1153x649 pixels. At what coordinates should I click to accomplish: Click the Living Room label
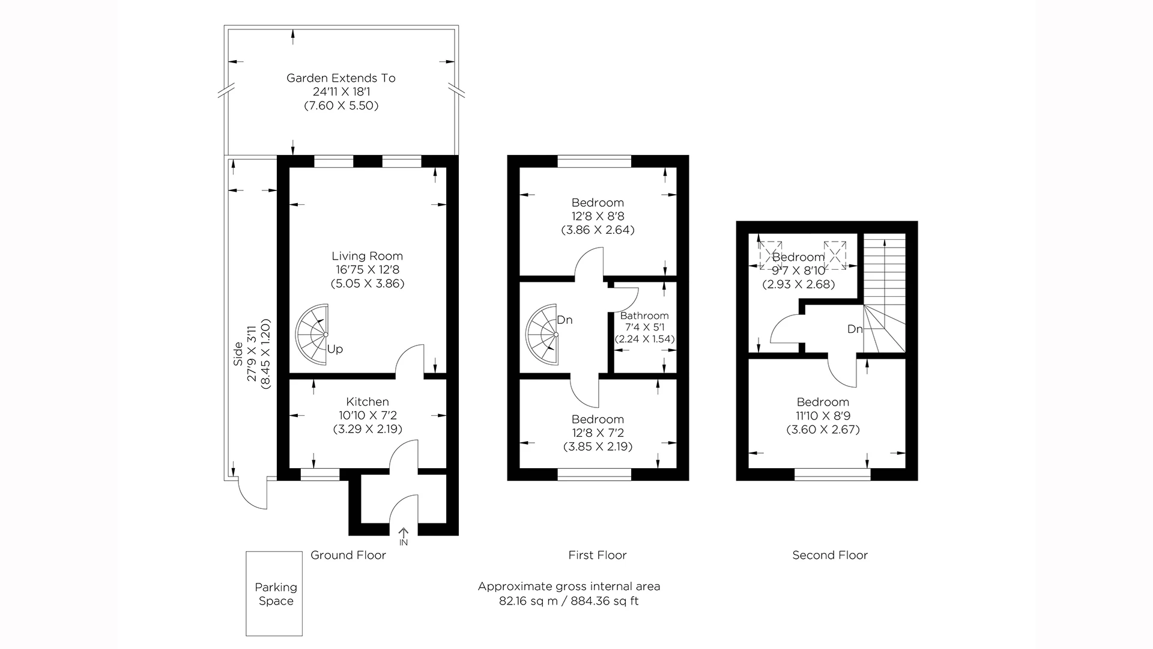point(367,257)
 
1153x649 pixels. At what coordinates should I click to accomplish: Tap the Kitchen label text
point(368,402)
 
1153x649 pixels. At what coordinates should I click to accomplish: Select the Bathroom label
point(644,316)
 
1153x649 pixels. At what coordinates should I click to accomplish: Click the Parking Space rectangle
point(274,594)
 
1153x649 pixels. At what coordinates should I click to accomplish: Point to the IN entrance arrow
point(404,534)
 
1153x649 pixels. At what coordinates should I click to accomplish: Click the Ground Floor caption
point(348,555)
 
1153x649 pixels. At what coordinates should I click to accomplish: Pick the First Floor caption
point(597,555)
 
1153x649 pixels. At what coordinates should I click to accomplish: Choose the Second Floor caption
point(829,555)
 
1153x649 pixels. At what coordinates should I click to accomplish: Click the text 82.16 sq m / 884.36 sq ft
point(568,601)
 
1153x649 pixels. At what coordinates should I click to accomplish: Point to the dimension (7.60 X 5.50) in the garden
point(341,106)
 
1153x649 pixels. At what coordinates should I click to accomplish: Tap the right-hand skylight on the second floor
point(835,255)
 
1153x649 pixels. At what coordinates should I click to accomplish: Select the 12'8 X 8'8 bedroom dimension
point(597,216)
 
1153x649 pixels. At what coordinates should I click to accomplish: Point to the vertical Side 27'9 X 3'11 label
point(252,355)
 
